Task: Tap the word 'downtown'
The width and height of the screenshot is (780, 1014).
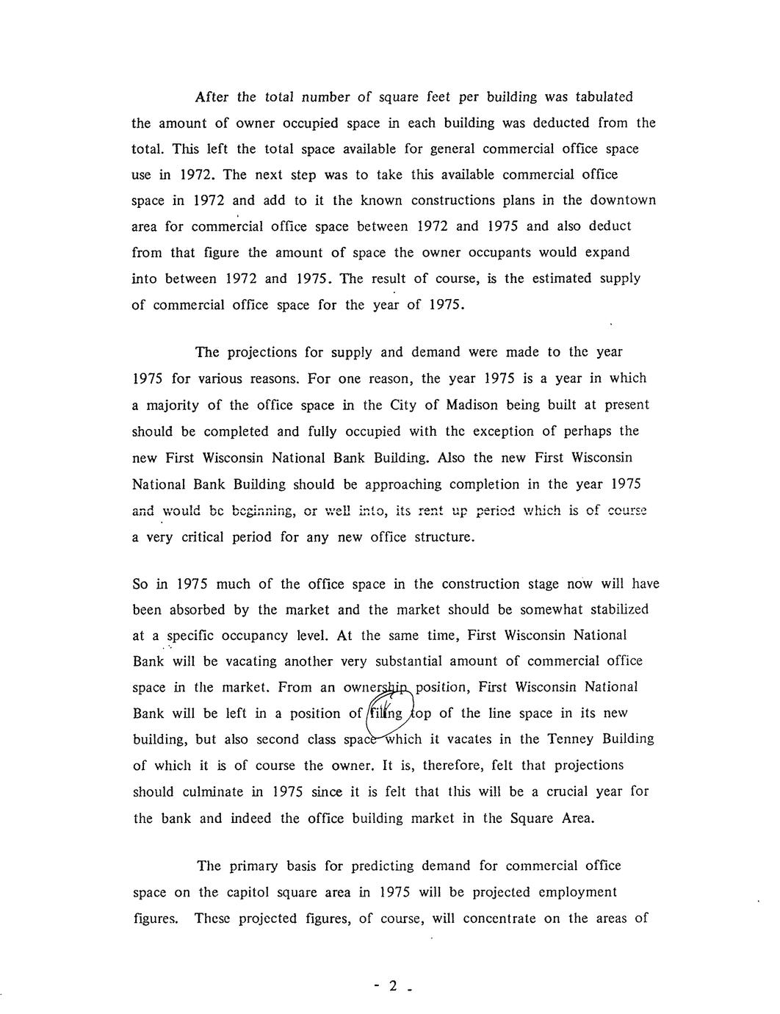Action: [x=624, y=201]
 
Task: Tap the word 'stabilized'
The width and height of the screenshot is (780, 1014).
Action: [x=615, y=610]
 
